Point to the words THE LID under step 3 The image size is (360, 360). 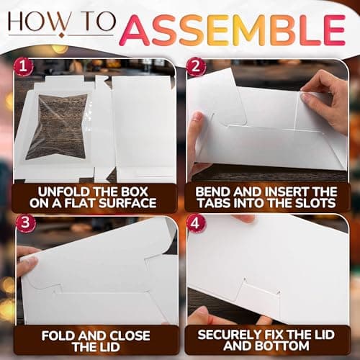pyautogui.click(x=96, y=348)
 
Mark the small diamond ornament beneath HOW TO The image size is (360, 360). pyautogui.click(x=62, y=36)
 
